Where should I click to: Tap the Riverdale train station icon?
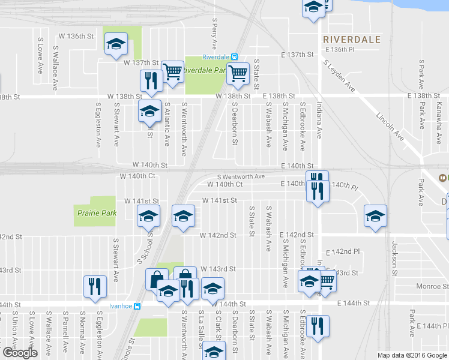[235, 57]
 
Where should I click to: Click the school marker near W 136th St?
[116, 43]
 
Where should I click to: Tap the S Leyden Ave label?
[339, 76]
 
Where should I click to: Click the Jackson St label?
[395, 255]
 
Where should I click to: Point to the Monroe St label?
[423, 287]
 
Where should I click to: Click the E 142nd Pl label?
[342, 253]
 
